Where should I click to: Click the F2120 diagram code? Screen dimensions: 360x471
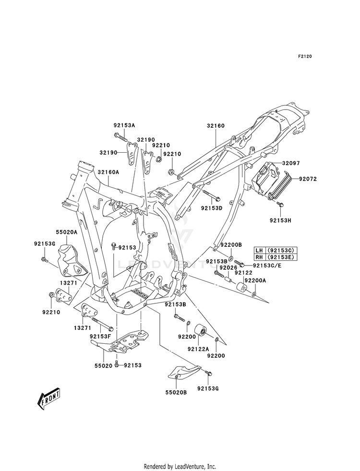coord(305,56)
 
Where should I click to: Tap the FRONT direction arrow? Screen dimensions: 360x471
coord(48,399)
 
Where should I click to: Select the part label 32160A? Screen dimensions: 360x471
coord(108,172)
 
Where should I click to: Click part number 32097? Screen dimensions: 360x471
coord(291,163)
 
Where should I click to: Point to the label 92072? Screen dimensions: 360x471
coord(308,179)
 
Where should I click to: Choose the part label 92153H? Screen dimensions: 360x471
coord(280,220)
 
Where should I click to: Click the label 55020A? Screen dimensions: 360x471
coord(66,232)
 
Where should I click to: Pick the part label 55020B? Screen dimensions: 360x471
coord(176,392)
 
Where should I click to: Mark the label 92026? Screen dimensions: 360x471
coord(228,267)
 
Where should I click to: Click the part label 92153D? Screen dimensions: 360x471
coord(212,208)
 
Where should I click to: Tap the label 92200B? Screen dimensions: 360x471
coord(231,245)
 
